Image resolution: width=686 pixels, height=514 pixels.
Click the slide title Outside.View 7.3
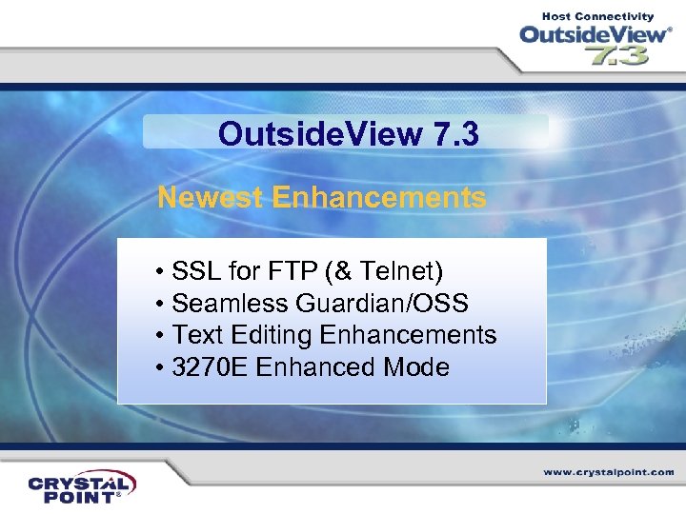(x=348, y=134)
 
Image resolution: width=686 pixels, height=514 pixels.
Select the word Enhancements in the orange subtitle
(x=378, y=198)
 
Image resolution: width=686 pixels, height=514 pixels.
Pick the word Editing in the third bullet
(x=270, y=335)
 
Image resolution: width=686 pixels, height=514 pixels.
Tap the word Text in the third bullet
(x=196, y=335)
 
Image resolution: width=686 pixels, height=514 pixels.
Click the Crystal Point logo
(x=82, y=485)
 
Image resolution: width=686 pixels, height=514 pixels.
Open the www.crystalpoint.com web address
(x=609, y=472)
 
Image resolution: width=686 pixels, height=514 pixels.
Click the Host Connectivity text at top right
(x=598, y=16)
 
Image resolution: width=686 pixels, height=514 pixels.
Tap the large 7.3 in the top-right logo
(x=616, y=55)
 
